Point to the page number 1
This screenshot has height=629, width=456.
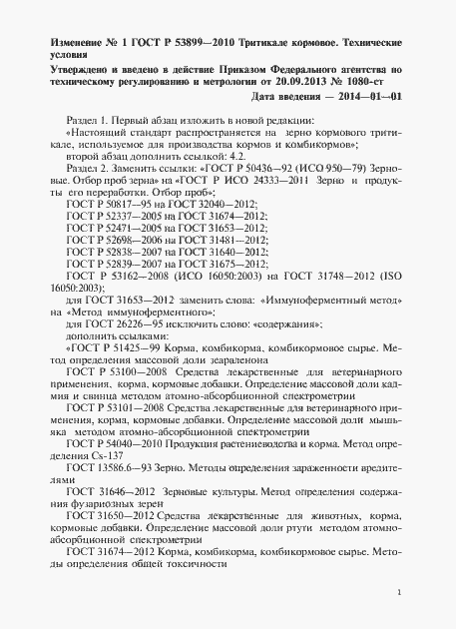(399, 593)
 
